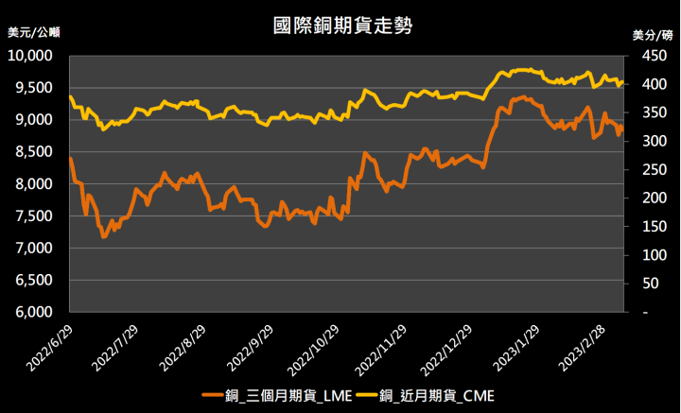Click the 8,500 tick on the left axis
click(39, 151)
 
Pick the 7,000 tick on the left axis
click(39, 248)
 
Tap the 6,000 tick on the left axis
click(39, 312)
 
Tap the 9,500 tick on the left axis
click(39, 87)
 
